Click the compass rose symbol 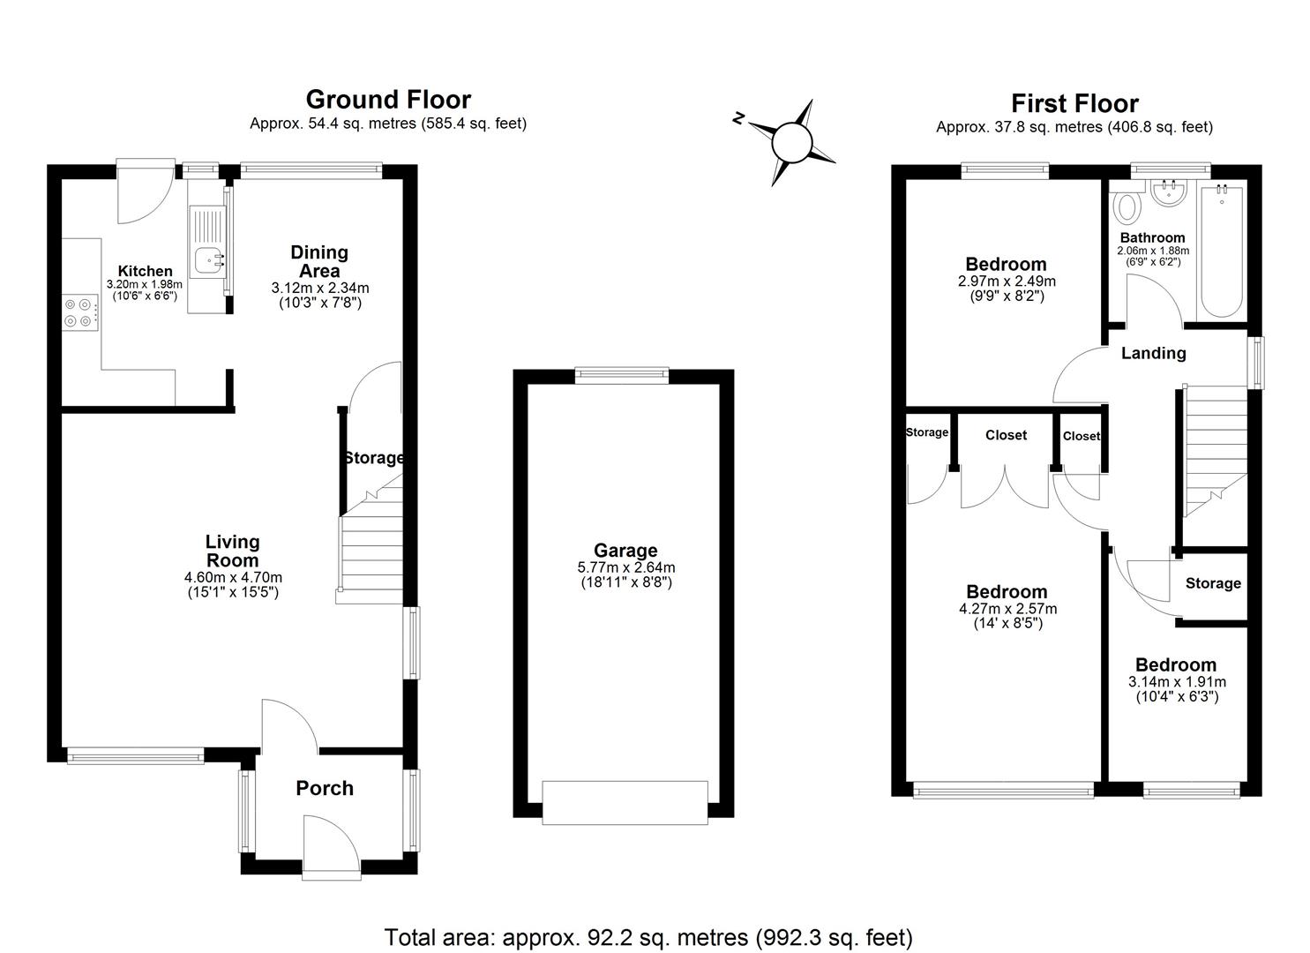point(790,142)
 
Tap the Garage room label point(625,551)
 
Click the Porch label point(325,788)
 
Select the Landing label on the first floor point(1153,353)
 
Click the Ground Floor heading point(388,99)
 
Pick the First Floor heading point(1074,103)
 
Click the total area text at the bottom point(648,936)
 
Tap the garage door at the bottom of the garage point(625,802)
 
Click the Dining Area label point(319,262)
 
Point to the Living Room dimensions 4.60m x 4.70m point(233,577)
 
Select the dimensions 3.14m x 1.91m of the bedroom point(1177,682)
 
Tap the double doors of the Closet point(1005,484)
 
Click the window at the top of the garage point(621,375)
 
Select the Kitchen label point(146,271)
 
